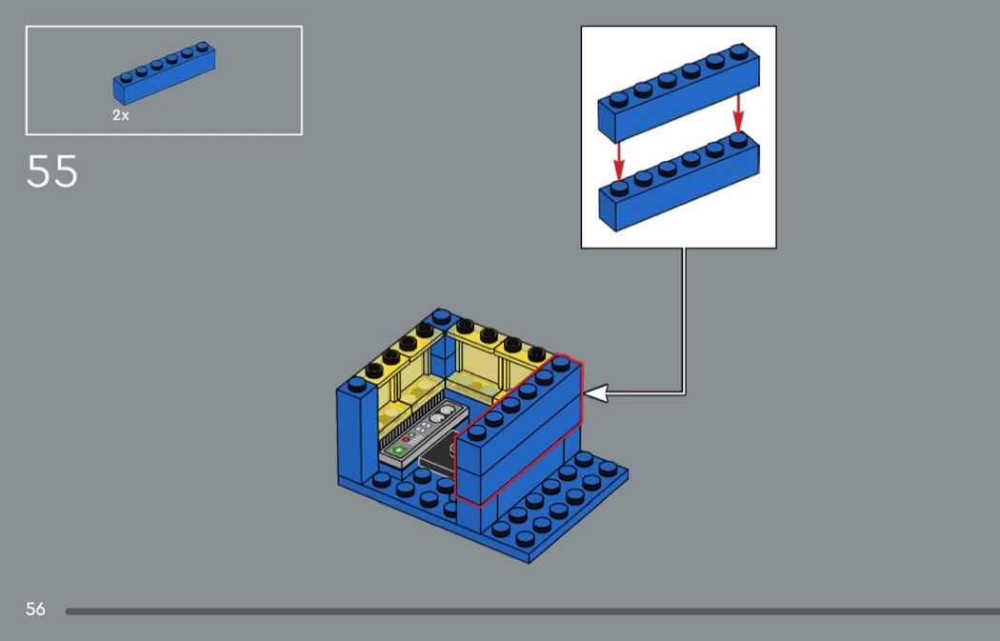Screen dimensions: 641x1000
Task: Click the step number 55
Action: (x=52, y=172)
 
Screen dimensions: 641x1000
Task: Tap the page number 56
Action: (x=35, y=609)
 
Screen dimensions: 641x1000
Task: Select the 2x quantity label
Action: (x=120, y=115)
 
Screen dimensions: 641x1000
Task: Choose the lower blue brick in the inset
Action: (x=678, y=189)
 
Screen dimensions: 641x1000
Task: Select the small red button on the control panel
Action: (x=407, y=440)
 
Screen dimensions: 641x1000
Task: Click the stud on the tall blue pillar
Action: (x=356, y=384)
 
